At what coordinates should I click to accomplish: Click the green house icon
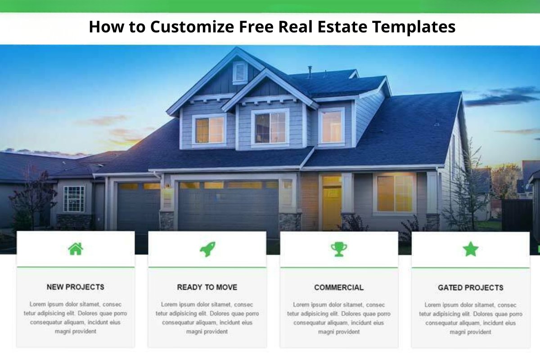click(x=76, y=248)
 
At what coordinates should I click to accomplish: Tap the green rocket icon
click(x=207, y=249)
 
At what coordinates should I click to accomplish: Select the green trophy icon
click(x=339, y=249)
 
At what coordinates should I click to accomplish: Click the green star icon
click(x=471, y=249)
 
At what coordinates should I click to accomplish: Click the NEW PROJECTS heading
click(x=76, y=287)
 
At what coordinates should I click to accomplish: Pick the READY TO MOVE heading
click(x=207, y=287)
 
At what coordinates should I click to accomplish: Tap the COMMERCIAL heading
click(x=339, y=288)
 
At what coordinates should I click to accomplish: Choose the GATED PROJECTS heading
click(x=471, y=288)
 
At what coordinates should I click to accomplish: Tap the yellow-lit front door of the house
click(x=332, y=202)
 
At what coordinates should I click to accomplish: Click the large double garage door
click(x=228, y=207)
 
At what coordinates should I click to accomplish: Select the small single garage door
click(x=138, y=207)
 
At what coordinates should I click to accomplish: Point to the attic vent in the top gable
click(x=240, y=72)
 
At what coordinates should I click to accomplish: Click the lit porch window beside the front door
click(x=395, y=193)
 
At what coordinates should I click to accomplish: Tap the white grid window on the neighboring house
click(x=74, y=198)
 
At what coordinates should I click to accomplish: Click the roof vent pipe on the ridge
click(x=310, y=72)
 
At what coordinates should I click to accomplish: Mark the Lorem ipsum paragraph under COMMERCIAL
click(x=339, y=318)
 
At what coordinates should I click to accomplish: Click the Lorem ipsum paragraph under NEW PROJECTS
click(x=76, y=318)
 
